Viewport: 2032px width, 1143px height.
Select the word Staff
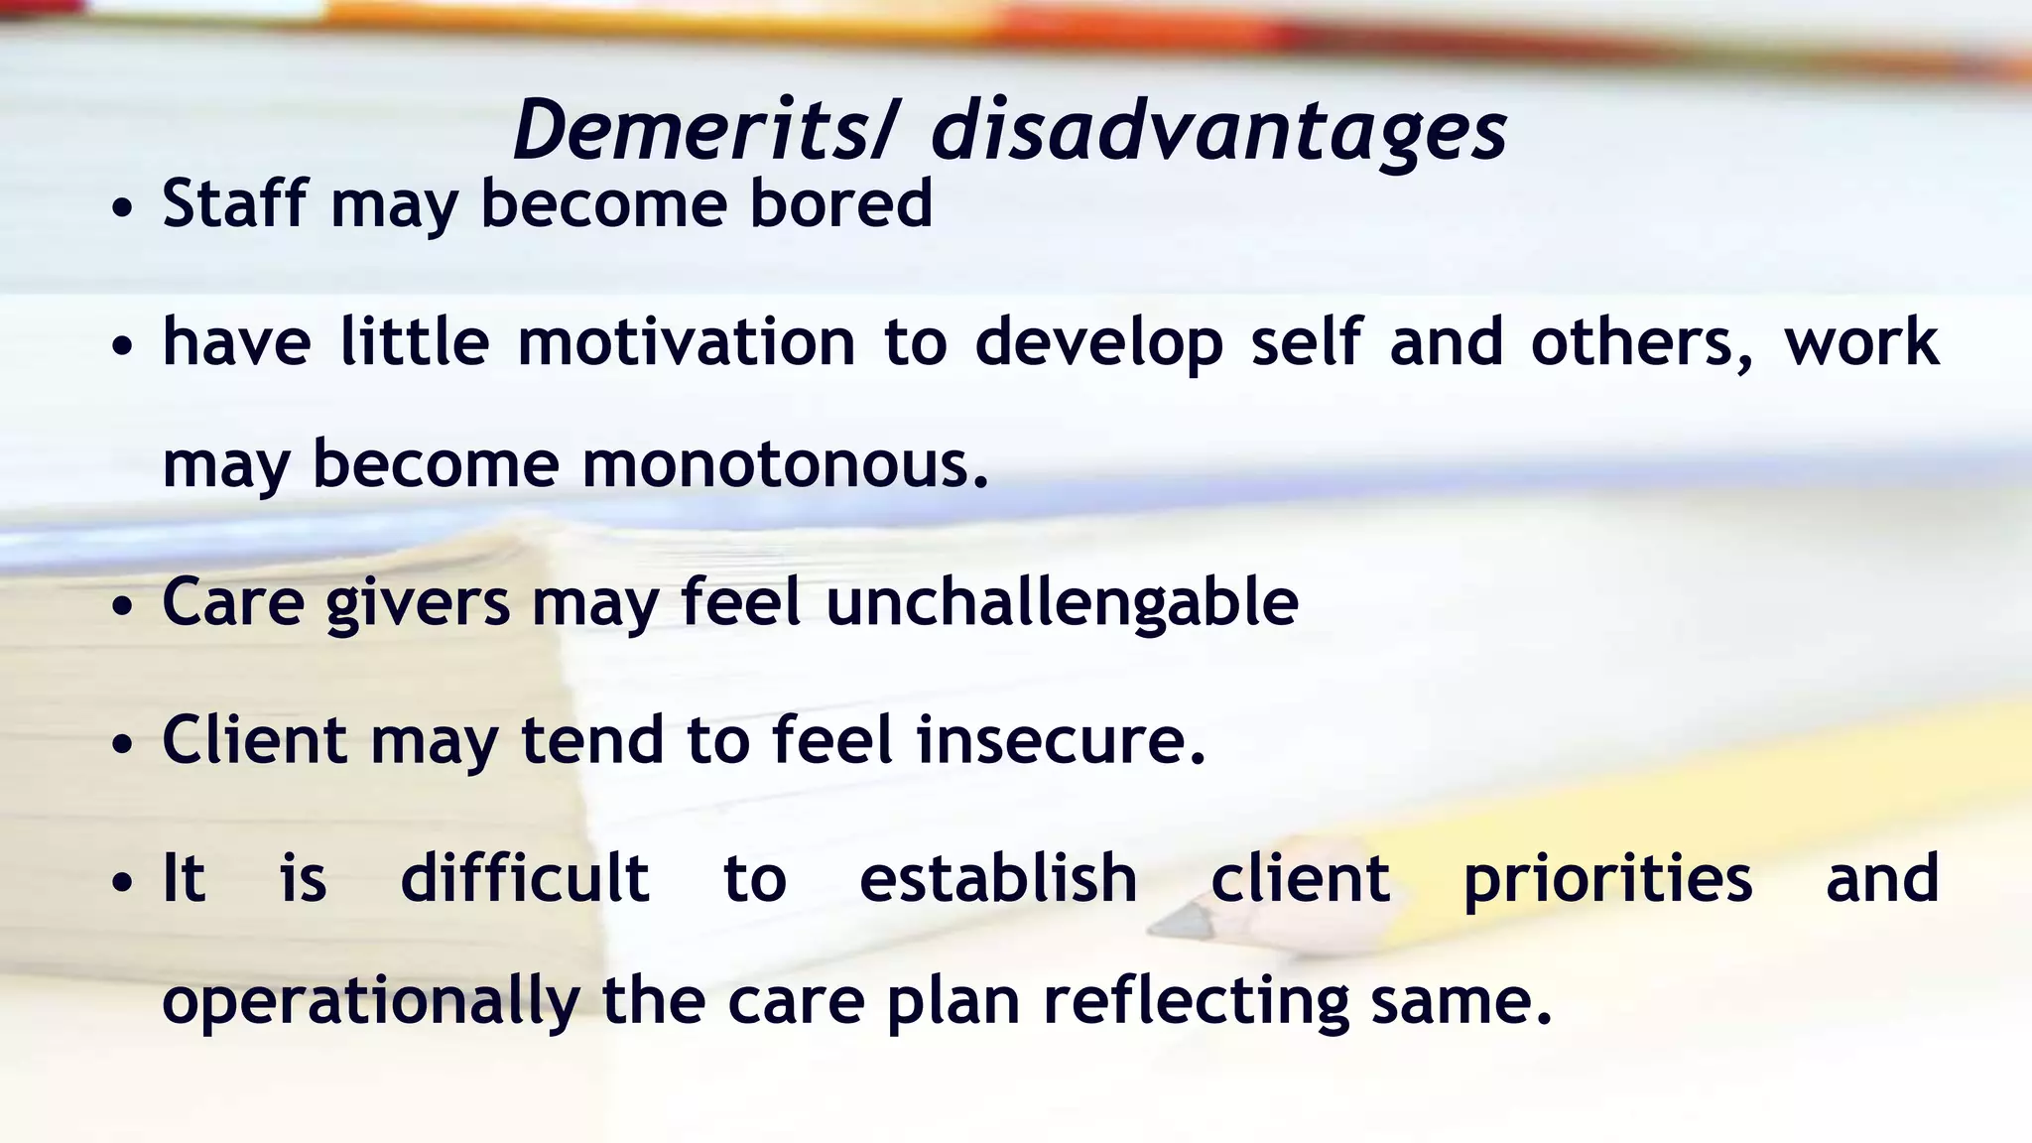point(235,203)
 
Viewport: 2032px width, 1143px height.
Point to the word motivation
point(686,342)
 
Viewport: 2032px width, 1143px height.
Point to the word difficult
point(524,879)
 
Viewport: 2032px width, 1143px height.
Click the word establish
point(998,879)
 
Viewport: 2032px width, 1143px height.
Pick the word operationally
point(370,1002)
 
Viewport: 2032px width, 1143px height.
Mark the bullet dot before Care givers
point(122,607)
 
